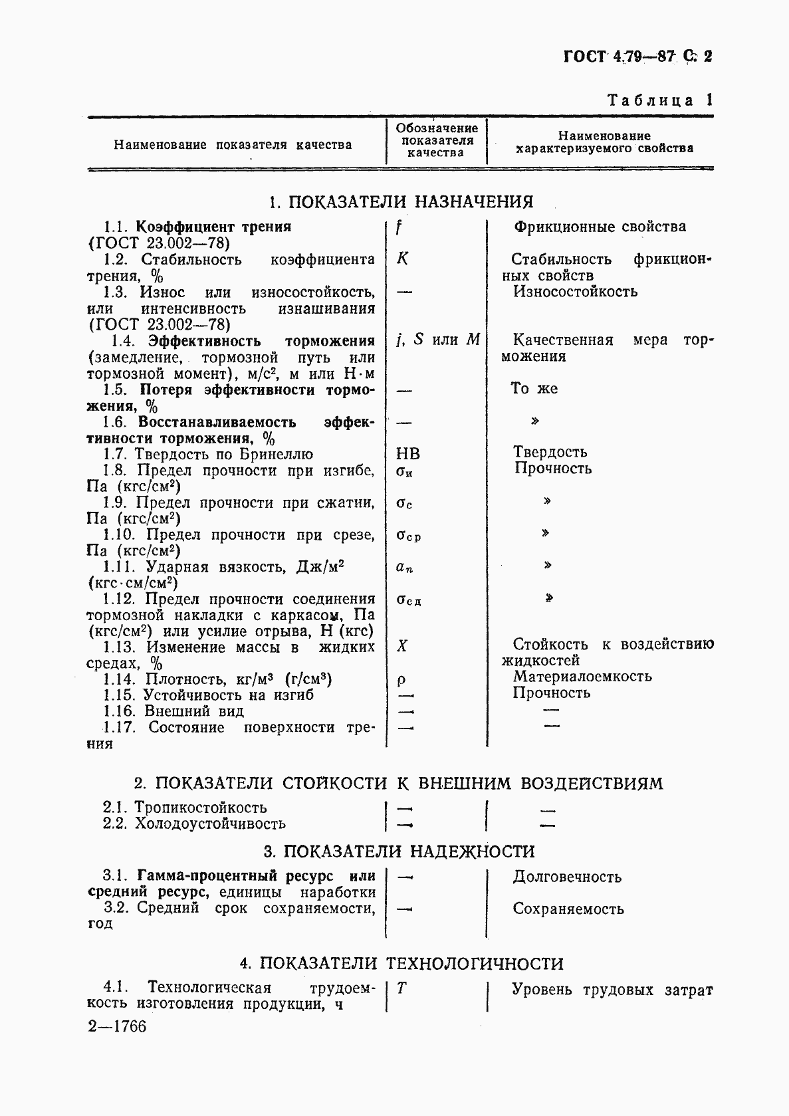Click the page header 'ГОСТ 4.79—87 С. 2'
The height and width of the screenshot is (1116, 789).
(x=637, y=56)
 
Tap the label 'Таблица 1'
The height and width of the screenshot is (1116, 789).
(x=660, y=100)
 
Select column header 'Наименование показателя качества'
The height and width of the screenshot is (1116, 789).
(x=233, y=144)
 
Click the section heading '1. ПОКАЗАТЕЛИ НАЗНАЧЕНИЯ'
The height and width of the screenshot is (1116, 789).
(x=401, y=201)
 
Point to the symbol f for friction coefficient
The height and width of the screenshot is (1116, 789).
(x=399, y=227)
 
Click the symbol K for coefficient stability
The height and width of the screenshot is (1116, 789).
(x=402, y=259)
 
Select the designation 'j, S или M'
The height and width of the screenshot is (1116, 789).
(x=437, y=340)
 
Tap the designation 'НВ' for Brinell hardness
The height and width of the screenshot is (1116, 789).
(x=407, y=454)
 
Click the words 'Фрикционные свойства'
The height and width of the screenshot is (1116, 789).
(x=600, y=227)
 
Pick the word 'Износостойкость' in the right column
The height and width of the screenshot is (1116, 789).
(x=575, y=291)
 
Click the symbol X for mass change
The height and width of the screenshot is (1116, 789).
(x=401, y=645)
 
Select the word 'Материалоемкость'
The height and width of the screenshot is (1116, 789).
(x=582, y=677)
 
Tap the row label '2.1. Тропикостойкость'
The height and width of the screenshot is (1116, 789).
(x=184, y=808)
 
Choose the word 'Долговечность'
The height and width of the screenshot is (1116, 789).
(x=566, y=877)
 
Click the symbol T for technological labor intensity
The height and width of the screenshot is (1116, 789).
(x=401, y=988)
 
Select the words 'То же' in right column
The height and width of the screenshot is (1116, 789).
(x=534, y=389)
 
